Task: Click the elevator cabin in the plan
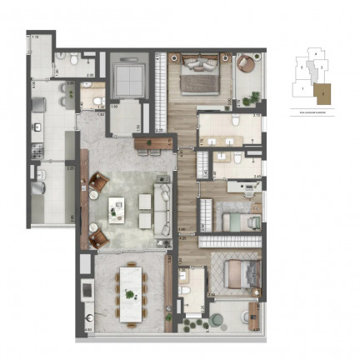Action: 127,78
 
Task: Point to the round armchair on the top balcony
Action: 247,67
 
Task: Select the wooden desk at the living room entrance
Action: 154,143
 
